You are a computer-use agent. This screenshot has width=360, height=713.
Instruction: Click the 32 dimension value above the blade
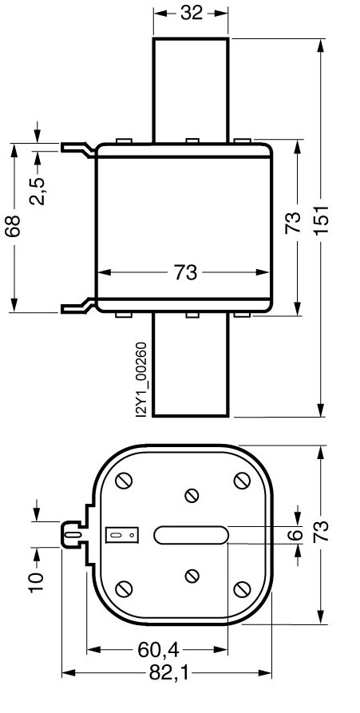(x=191, y=13)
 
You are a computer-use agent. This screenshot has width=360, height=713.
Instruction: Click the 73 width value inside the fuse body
(x=185, y=272)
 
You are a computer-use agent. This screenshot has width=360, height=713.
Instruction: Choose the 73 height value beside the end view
(x=321, y=535)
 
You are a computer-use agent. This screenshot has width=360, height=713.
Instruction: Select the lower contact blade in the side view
(x=191, y=367)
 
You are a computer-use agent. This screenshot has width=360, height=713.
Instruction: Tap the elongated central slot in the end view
(x=191, y=535)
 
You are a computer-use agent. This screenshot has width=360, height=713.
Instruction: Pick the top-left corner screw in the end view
(x=123, y=481)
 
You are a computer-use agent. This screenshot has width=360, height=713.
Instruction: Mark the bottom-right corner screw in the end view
(x=243, y=588)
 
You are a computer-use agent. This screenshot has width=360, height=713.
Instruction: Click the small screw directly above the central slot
(x=191, y=495)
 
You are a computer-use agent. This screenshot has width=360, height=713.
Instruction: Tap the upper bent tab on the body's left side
(x=78, y=148)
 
